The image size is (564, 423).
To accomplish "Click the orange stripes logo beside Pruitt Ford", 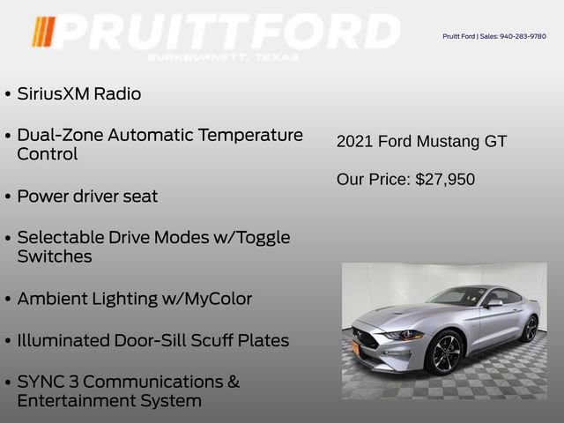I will point(43,32).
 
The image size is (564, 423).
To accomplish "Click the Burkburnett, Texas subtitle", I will point(223,57).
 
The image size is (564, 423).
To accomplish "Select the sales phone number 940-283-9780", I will point(523,36).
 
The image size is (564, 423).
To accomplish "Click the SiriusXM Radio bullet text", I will point(78,93).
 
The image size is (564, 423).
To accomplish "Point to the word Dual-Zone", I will point(57,135).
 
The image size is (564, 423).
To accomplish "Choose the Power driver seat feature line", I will point(87,196).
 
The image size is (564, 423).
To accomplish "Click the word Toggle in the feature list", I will point(261,237).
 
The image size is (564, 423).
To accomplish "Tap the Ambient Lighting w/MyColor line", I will point(134,299).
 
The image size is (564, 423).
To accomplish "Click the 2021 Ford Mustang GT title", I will point(421,141).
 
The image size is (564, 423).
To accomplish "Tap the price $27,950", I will point(445,180).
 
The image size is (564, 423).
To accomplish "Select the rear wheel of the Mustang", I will point(529,328).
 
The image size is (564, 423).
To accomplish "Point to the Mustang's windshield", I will point(456,296).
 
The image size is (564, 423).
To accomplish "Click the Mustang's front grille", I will point(365,338).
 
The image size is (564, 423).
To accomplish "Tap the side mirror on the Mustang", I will point(494,303).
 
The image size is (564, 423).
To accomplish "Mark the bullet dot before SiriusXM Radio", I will point(8,94).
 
